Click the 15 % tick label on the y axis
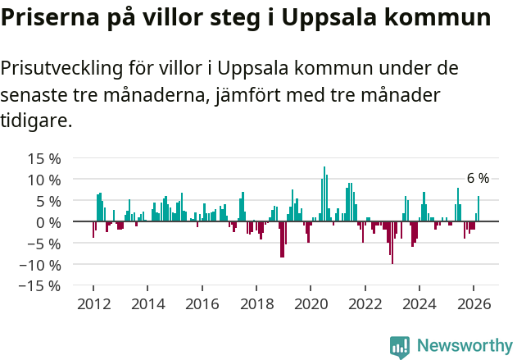click(x=39, y=158)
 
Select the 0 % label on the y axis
click(x=45, y=222)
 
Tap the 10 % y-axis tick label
click(x=39, y=180)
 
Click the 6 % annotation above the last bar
click(x=478, y=179)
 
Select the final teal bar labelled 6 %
click(x=478, y=209)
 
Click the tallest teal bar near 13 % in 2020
click(x=324, y=195)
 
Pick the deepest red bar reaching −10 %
click(x=392, y=242)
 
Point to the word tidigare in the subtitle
click(x=36, y=121)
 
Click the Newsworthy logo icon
click(x=400, y=347)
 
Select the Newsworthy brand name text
click(x=464, y=346)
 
